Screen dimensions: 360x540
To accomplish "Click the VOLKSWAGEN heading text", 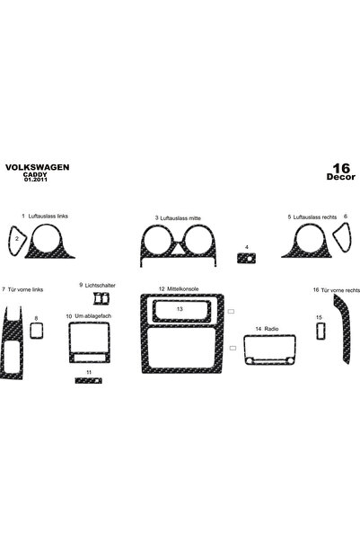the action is click(x=37, y=167).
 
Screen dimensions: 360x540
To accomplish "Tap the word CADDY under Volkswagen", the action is click(x=35, y=174).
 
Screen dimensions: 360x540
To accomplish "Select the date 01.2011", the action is click(x=35, y=180).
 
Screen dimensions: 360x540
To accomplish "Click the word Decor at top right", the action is click(x=341, y=177).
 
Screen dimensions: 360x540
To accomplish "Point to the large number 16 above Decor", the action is click(x=341, y=168).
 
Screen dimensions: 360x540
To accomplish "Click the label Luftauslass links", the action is click(x=48, y=217).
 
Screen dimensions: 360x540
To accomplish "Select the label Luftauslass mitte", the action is click(x=180, y=218).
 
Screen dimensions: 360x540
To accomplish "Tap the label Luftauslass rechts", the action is click(x=315, y=217).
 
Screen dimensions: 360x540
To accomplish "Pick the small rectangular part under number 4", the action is click(x=246, y=258).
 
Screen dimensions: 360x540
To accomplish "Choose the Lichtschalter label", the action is click(x=101, y=286).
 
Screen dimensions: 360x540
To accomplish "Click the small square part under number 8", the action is click(x=37, y=331).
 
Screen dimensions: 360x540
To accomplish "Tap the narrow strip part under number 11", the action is click(x=89, y=381).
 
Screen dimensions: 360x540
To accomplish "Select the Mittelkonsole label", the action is click(x=183, y=289).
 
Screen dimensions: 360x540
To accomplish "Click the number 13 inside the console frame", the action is click(x=180, y=309).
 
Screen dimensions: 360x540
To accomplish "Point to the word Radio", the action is click(x=271, y=329).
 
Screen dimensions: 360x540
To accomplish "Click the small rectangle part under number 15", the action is click(x=320, y=332).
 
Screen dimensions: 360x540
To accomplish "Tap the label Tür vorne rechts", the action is click(x=340, y=290).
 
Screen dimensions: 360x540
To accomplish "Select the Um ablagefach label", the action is click(x=93, y=316).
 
